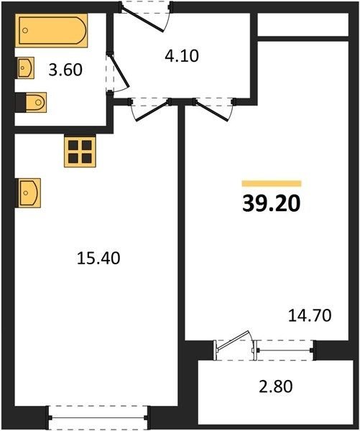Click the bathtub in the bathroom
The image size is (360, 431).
[52, 30]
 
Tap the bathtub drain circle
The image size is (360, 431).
[25, 30]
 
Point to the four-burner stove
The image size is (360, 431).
[80, 152]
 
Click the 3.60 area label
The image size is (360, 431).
[65, 70]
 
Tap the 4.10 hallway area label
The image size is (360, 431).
[182, 56]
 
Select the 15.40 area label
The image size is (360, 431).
[98, 259]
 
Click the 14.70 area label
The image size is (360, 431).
[310, 315]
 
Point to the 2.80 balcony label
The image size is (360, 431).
[276, 386]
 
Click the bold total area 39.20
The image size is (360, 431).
[271, 204]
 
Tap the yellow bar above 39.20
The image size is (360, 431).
[272, 183]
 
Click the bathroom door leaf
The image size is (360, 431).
[119, 70]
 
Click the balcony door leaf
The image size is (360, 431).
[234, 340]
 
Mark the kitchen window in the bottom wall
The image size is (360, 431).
[98, 417]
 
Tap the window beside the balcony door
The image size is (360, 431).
[285, 351]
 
